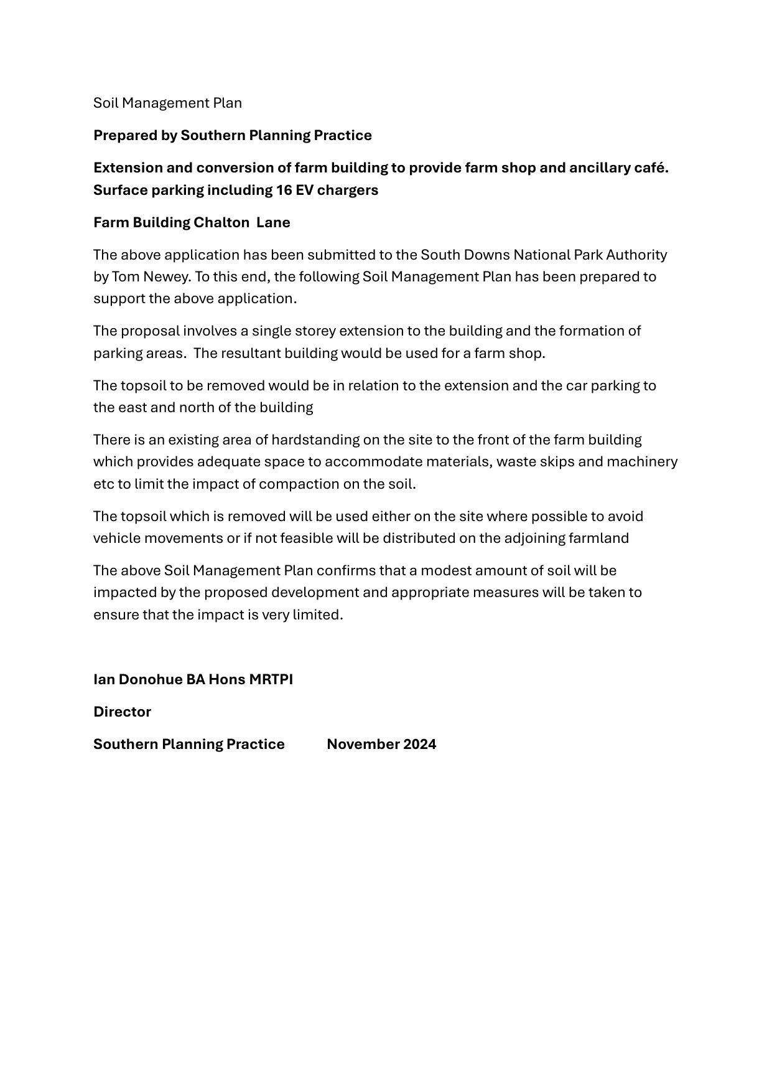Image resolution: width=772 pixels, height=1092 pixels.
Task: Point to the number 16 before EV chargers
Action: [284, 191]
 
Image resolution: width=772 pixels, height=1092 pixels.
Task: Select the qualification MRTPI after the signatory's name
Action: [271, 679]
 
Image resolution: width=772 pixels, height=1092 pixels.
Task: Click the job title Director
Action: [122, 712]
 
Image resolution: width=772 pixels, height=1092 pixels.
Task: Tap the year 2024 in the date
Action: [419, 744]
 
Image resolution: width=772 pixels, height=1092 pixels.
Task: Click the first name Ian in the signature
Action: [104, 679]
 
